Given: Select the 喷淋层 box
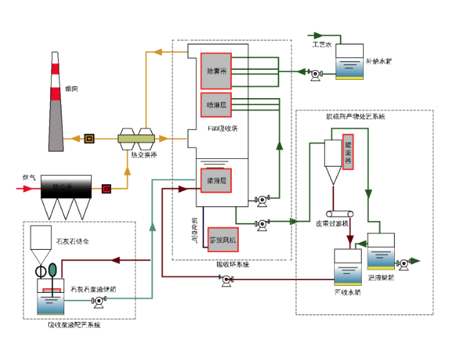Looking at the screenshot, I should coord(215,106).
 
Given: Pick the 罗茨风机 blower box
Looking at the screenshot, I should coord(223,240).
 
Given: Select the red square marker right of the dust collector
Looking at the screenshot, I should coord(106,188).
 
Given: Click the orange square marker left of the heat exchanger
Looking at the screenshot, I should coord(90,138).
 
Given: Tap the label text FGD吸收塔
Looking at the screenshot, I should coord(222,129).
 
